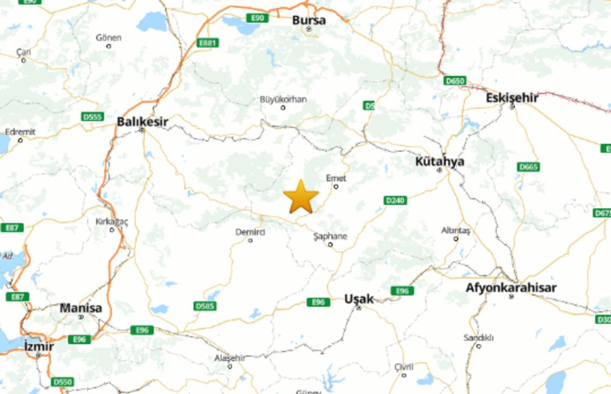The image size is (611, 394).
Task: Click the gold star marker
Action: [x=300, y=197]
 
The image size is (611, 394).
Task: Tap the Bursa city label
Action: [x=309, y=20]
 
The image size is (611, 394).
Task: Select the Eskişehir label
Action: [x=512, y=98]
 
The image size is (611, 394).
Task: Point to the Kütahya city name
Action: [x=440, y=161]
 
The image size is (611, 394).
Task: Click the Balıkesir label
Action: [x=143, y=122]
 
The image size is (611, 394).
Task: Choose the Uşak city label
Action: [x=359, y=298]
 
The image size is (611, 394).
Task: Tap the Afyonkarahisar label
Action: [x=511, y=288]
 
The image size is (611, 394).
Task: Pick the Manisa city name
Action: [x=81, y=309]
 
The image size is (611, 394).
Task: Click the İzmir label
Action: [x=39, y=346]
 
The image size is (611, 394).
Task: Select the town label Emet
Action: [x=336, y=178]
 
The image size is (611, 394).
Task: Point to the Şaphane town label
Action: [x=330, y=236]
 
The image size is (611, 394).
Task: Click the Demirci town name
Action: [x=250, y=232]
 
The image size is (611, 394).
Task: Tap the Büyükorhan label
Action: [x=283, y=100]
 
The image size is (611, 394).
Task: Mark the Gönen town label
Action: [x=109, y=37]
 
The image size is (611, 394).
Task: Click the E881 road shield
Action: [x=208, y=42]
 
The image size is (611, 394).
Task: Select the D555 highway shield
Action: [x=92, y=117]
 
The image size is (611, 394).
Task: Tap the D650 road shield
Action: [x=454, y=80]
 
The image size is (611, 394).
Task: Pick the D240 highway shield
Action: [x=395, y=200]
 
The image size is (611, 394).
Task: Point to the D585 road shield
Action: [x=205, y=306]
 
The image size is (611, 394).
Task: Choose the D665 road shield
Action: [x=528, y=167]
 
